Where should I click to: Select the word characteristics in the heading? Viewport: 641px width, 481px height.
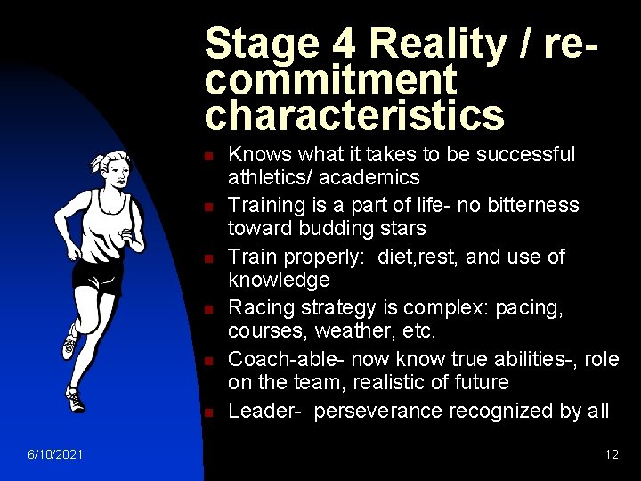coord(353,115)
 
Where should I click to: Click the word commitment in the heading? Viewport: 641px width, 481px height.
coord(329,80)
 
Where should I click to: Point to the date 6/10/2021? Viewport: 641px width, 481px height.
coord(56,454)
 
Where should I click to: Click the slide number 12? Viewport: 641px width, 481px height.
coord(612,454)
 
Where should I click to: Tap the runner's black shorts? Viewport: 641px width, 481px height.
coord(98,273)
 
